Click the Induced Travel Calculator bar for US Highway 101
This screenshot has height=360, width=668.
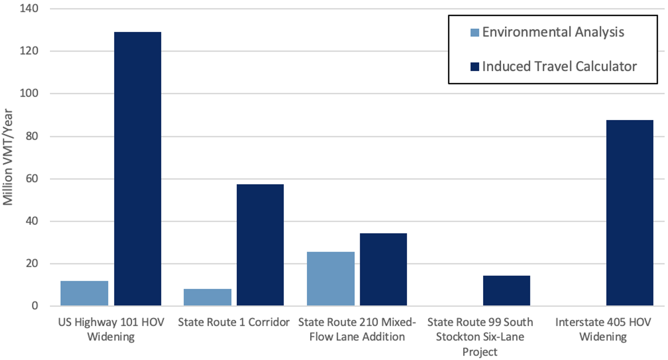pyautogui.click(x=137, y=169)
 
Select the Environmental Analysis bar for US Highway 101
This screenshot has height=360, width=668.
pyautogui.click(x=84, y=293)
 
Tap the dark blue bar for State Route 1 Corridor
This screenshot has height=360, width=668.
pyautogui.click(x=260, y=245)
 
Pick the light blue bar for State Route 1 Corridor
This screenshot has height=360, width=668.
pyautogui.click(x=208, y=297)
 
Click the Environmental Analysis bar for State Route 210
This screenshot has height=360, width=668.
pyautogui.click(x=331, y=279)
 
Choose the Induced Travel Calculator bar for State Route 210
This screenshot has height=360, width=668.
pyautogui.click(x=383, y=270)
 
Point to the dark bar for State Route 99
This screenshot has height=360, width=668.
pyautogui.click(x=506, y=291)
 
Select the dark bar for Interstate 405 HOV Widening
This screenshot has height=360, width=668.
pyautogui.click(x=629, y=213)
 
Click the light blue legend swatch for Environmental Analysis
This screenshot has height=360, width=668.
pyautogui.click(x=474, y=33)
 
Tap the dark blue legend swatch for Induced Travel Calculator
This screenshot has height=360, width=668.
pyautogui.click(x=474, y=66)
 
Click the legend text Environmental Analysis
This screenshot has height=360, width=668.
pyautogui.click(x=553, y=32)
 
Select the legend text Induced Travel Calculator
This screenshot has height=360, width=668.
pyautogui.click(x=559, y=66)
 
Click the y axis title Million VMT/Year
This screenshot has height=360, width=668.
pyautogui.click(x=9, y=157)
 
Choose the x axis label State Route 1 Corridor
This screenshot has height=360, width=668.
pyautogui.click(x=234, y=322)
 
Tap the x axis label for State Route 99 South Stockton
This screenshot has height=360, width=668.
pyautogui.click(x=480, y=336)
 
